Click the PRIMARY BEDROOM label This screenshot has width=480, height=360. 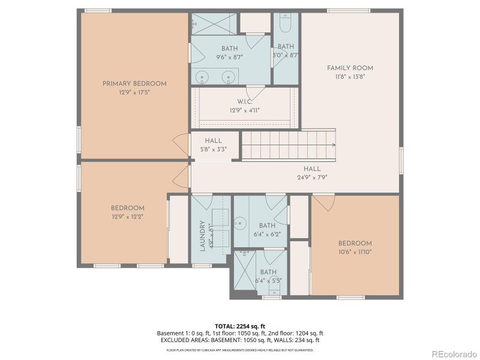tap(134, 84)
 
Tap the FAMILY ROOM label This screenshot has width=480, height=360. tap(350, 68)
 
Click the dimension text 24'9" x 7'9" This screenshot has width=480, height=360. tap(311, 178)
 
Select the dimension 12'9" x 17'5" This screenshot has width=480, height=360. tap(134, 92)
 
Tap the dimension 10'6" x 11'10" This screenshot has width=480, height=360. tap(355, 252)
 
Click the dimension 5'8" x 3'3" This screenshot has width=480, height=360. tap(213, 150)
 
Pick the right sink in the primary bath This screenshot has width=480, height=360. tap(229, 77)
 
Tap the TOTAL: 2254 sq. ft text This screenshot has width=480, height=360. tap(240, 326)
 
